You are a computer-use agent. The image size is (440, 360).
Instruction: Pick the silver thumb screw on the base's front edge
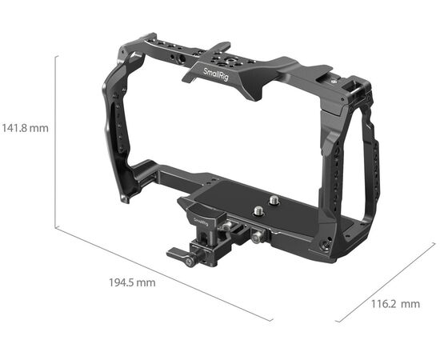pos(256,238)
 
